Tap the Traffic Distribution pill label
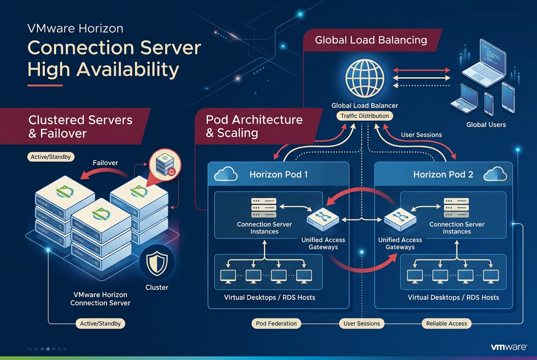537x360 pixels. [365, 116]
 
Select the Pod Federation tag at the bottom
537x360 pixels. [276, 323]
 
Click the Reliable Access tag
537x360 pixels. [446, 323]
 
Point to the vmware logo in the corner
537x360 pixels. [509, 347]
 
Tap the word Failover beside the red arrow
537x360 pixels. [105, 163]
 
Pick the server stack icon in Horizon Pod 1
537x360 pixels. [263, 207]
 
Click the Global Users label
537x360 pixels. [486, 125]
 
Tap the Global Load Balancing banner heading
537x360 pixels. [371, 40]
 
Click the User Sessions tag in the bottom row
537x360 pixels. [362, 323]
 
